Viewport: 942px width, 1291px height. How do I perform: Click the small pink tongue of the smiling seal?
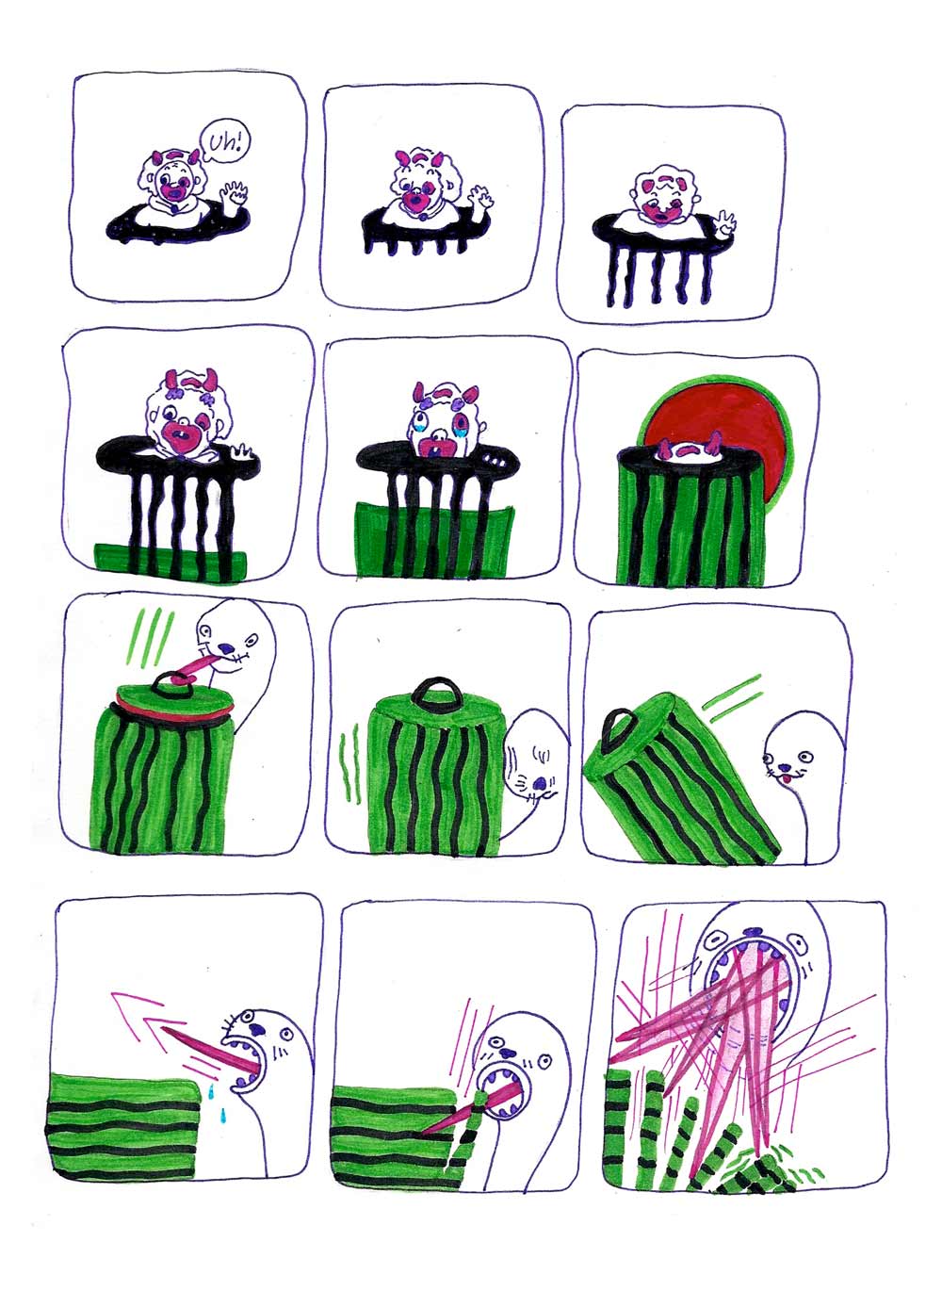(x=783, y=779)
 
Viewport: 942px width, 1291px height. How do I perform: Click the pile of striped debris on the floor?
(x=754, y=1174)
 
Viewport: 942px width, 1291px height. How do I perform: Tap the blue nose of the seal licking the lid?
(x=228, y=648)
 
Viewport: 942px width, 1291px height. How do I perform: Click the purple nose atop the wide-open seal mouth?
(x=753, y=932)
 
